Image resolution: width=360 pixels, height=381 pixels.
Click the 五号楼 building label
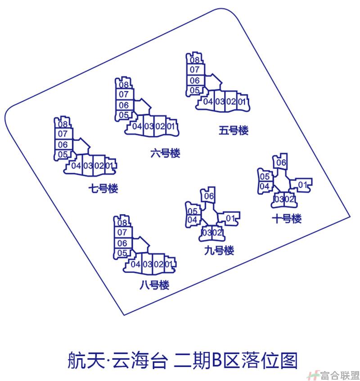click(234, 130)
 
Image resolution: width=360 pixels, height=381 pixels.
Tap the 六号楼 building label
click(165, 153)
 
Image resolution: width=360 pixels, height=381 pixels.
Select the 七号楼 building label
click(103, 188)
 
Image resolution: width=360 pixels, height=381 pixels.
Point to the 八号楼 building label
click(154, 285)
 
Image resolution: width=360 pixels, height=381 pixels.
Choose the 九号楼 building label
click(219, 250)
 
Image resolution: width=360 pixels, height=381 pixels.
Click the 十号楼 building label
click(287, 219)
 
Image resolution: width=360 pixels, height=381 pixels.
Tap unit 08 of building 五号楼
click(195, 60)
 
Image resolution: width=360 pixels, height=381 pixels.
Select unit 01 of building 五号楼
click(242, 102)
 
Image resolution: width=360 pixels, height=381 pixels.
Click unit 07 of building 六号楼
click(123, 94)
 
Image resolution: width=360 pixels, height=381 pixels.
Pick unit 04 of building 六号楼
click(137, 126)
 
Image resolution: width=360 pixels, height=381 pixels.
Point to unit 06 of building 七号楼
click(63, 145)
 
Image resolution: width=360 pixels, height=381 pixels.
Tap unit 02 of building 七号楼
click(99, 166)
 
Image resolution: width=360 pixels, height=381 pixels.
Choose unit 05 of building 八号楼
click(122, 253)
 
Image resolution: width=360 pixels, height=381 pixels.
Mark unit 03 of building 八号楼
click(147, 264)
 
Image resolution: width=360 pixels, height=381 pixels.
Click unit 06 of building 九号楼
click(209, 196)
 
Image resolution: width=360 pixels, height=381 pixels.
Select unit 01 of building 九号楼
click(230, 219)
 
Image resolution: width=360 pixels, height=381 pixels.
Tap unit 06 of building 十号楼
click(281, 162)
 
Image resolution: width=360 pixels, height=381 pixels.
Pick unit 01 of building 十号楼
click(302, 185)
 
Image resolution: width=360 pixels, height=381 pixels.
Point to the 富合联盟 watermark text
click(340, 376)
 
